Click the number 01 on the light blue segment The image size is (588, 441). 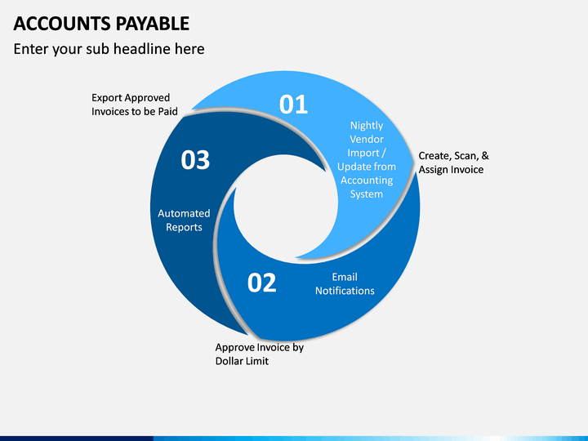tap(293, 105)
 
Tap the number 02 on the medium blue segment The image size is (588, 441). tap(262, 283)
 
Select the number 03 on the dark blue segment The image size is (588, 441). tap(195, 160)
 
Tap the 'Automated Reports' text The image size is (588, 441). tap(184, 220)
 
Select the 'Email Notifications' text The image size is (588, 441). tap(345, 284)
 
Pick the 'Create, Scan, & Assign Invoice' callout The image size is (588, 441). tap(453, 163)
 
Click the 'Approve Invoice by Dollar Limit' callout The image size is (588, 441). tap(259, 354)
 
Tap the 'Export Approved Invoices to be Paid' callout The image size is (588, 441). tap(136, 105)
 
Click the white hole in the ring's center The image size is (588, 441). tap(285, 208)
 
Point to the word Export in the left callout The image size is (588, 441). tap(107, 98)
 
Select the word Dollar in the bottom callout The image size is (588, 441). tap(231, 361)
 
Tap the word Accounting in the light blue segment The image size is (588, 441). tap(367, 180)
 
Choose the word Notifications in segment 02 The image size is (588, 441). tap(345, 291)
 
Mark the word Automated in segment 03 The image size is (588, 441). tap(184, 214)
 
